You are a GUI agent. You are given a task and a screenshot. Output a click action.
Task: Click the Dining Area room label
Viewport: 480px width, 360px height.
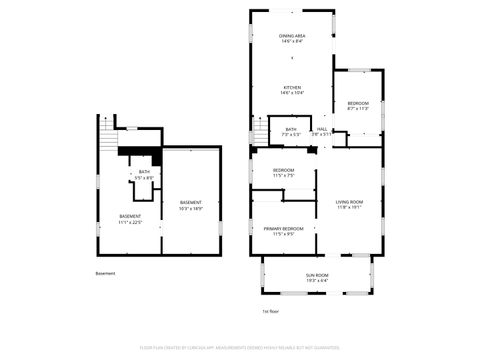(x=292, y=35)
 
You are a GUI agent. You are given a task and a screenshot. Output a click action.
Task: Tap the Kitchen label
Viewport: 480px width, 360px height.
(x=292, y=87)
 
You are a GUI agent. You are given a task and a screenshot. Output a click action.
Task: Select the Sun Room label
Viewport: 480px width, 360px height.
(x=317, y=274)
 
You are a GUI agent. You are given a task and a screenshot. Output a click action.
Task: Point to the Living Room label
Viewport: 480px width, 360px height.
(x=349, y=202)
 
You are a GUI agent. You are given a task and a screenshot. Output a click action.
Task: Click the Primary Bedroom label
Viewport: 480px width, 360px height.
(x=284, y=229)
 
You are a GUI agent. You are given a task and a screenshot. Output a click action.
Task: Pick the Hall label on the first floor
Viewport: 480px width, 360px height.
(x=322, y=129)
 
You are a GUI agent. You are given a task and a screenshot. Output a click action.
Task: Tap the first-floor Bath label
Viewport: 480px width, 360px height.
(x=291, y=129)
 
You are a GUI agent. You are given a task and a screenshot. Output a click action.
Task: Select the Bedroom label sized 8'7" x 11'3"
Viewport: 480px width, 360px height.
(x=358, y=104)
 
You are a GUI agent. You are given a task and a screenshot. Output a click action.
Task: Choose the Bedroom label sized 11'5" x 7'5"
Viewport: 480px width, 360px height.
(x=284, y=170)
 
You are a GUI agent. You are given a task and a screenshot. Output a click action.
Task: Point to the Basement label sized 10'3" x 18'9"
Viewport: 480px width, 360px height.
(x=191, y=203)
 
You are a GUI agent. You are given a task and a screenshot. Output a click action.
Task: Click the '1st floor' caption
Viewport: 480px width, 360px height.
(x=270, y=312)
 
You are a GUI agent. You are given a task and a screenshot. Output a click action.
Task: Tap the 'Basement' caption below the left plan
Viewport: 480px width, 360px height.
(x=105, y=273)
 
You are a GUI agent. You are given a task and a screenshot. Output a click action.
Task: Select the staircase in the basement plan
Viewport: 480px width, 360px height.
(x=107, y=133)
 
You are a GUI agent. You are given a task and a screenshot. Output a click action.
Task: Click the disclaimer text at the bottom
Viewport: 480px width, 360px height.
(x=240, y=348)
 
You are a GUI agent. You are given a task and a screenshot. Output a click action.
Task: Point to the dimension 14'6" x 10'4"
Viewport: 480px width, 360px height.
(x=292, y=93)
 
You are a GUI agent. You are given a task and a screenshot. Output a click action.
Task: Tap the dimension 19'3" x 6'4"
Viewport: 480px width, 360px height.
(x=317, y=280)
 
